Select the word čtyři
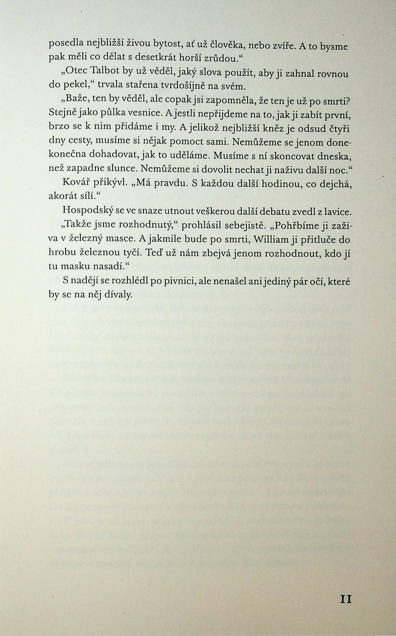(339, 129)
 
